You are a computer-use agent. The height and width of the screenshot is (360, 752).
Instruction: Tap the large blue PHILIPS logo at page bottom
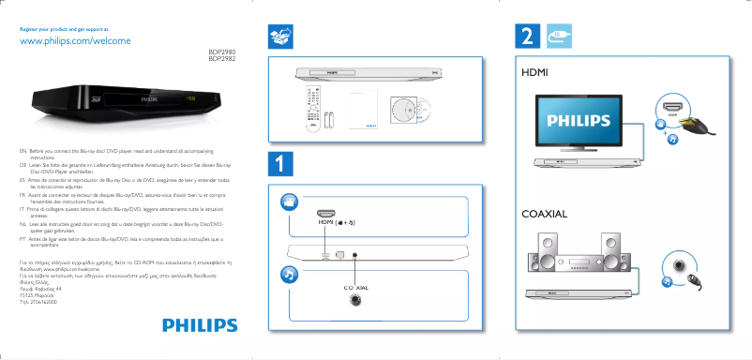tap(198, 325)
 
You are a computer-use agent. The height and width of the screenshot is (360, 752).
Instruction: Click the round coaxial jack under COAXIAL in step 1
tap(355, 300)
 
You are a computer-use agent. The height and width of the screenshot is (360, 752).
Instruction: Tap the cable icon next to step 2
tap(559, 37)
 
